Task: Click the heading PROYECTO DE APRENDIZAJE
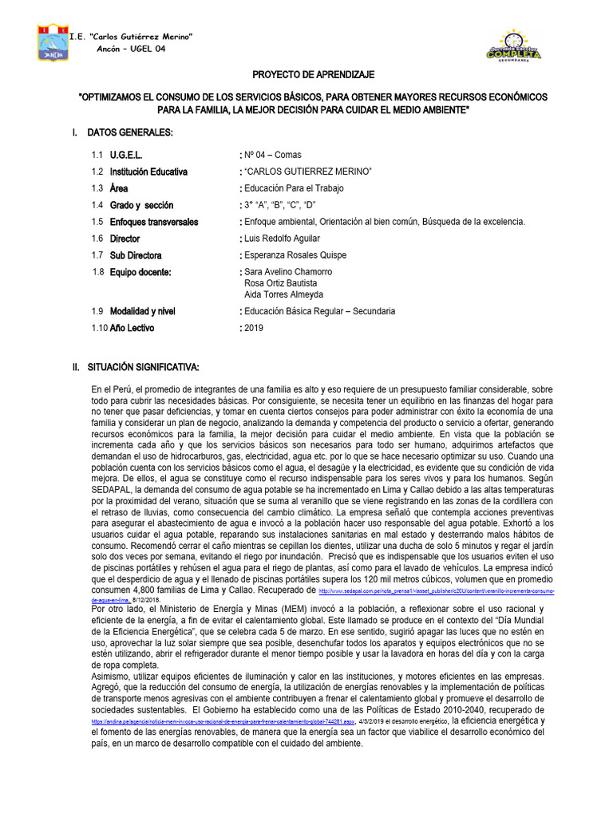[313, 75]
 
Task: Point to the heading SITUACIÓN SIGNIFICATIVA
[143, 366]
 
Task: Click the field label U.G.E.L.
[126, 155]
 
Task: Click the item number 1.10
[98, 328]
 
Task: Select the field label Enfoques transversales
[154, 222]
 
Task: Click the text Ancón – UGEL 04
[130, 49]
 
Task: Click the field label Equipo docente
[141, 272]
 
